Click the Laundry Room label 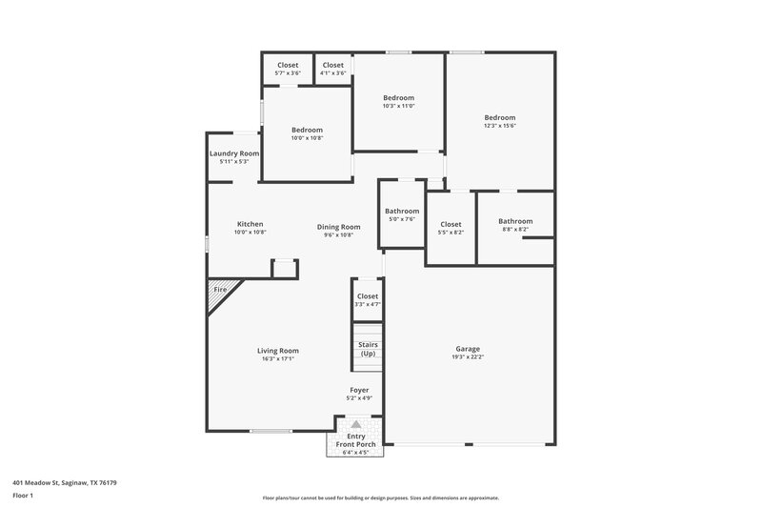coord(234,153)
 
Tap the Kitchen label coord(251,224)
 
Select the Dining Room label coord(339,227)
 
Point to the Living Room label coord(278,351)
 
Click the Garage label coord(468,349)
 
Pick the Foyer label coord(359,390)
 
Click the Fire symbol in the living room coord(220,289)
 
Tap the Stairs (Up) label coord(368,348)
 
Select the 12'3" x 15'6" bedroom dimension coord(499,125)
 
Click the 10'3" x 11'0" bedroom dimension coord(399,105)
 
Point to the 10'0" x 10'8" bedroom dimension coord(307,137)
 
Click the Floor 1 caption coord(23,497)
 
